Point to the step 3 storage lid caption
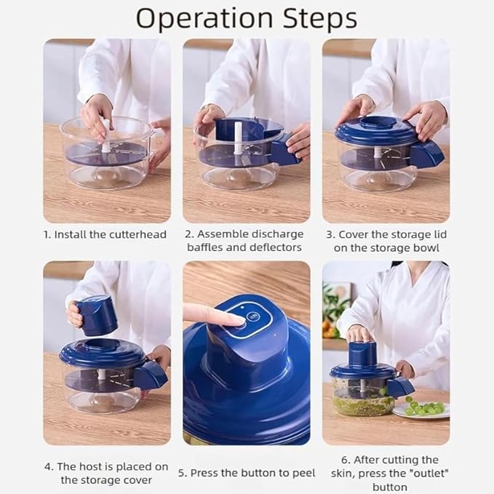click(x=386, y=241)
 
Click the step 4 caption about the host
click(x=106, y=473)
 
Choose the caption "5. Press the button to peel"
click(x=247, y=473)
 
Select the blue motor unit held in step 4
click(x=97, y=315)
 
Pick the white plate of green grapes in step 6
click(x=421, y=409)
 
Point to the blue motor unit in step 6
click(x=361, y=354)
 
